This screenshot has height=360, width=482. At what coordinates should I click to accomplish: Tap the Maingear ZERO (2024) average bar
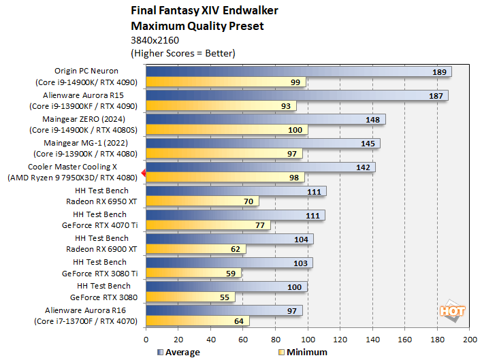tap(266, 119)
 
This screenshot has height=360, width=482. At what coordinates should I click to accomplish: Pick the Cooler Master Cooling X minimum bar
tap(225, 178)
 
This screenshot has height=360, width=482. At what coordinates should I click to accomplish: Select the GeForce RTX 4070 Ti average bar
tap(235, 215)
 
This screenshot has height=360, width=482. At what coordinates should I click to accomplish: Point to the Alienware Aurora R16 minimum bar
tap(197, 321)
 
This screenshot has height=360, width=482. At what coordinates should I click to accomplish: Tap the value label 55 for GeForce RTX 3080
tap(225, 297)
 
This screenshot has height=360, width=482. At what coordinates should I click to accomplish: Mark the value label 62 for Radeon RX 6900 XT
tap(236, 250)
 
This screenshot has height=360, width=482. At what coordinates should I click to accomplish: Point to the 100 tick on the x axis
tap(308, 338)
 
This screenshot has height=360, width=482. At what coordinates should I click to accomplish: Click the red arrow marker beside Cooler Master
tap(142, 172)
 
